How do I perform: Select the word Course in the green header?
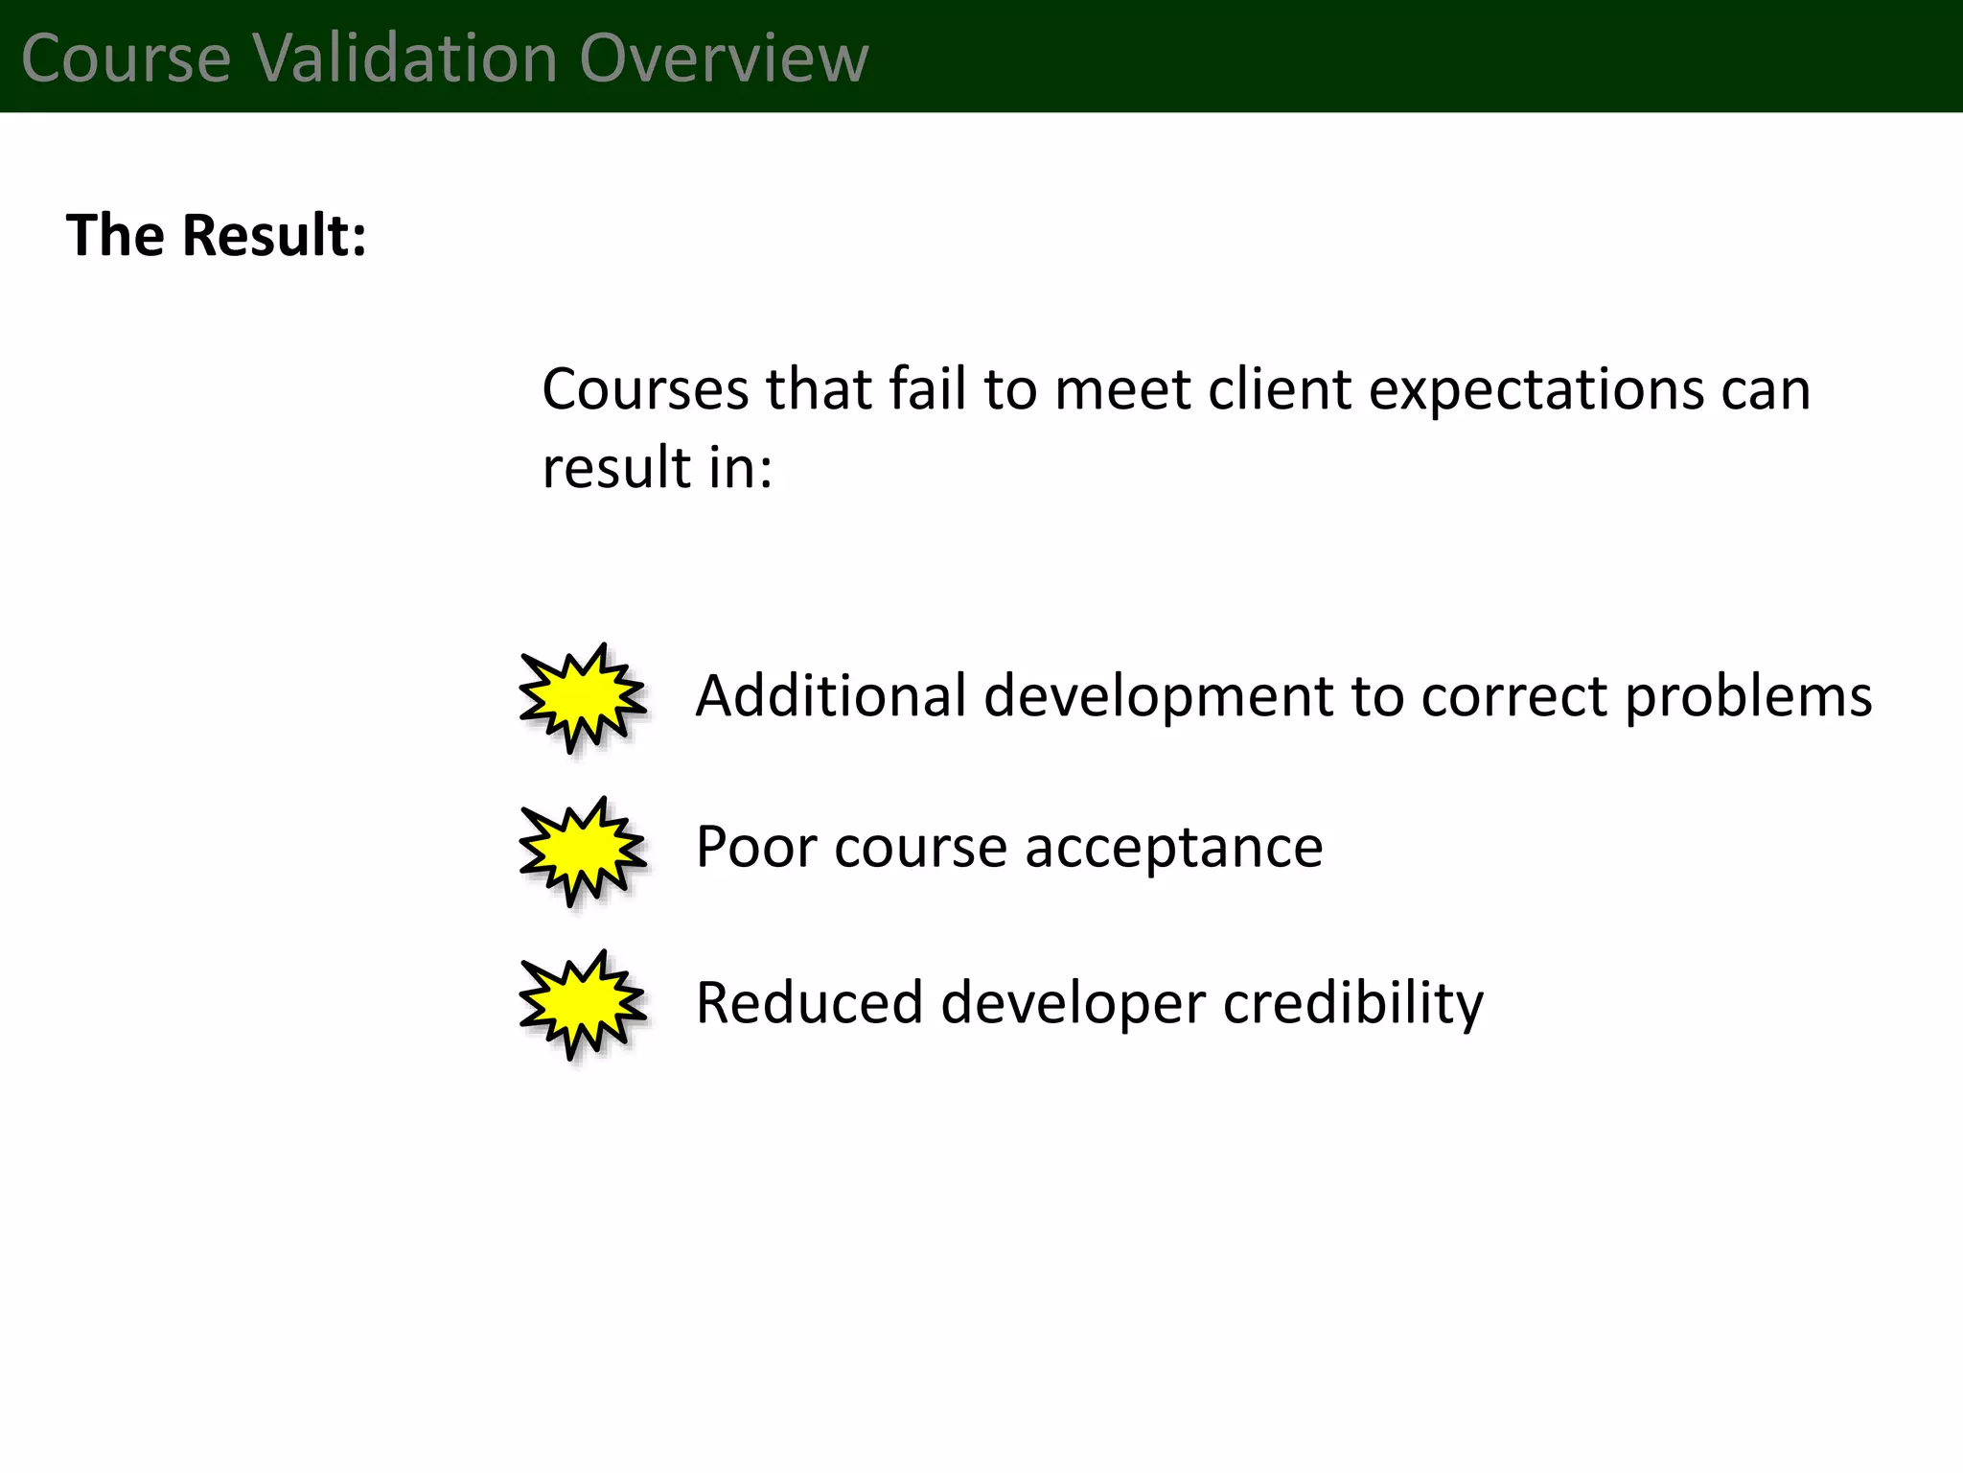[126, 58]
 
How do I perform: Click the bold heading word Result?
[274, 235]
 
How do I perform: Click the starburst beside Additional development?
[582, 697]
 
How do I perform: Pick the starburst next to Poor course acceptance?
[582, 851]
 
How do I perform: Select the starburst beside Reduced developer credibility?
[582, 1004]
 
